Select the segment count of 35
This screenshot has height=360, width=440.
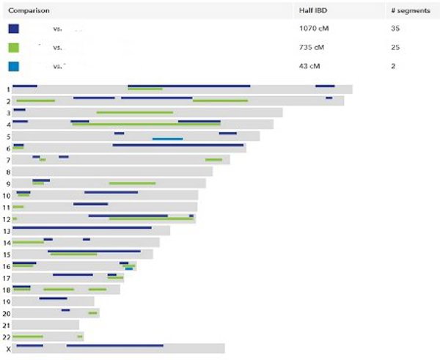(396, 29)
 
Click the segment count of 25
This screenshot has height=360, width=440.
(396, 48)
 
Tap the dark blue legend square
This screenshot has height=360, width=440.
(14, 29)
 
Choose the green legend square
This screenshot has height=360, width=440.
(14, 48)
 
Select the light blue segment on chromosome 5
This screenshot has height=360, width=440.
(167, 139)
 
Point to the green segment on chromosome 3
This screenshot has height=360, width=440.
(135, 112)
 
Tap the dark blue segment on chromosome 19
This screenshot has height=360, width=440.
(53, 298)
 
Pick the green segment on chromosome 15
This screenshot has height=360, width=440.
(73, 254)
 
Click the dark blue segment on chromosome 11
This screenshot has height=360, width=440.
(90, 204)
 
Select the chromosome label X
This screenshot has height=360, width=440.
(8, 349)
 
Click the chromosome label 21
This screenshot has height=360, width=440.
(7, 325)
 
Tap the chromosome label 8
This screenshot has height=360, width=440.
(7, 172)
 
